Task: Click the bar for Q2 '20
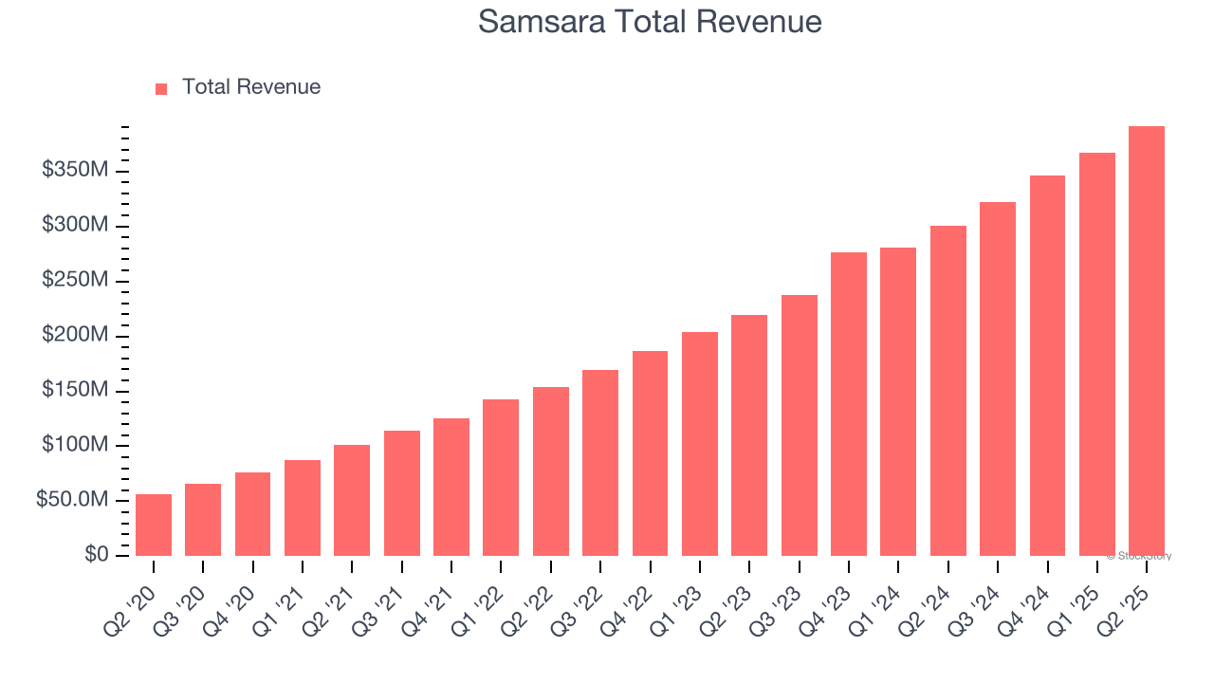(x=154, y=525)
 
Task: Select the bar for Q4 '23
(x=849, y=404)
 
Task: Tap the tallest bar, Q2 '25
(x=1147, y=341)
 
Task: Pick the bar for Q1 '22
(x=501, y=477)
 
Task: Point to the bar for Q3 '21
(x=402, y=493)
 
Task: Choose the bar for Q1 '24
(x=898, y=401)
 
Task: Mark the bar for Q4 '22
(x=650, y=453)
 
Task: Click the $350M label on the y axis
(x=75, y=171)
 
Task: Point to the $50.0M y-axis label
(x=72, y=500)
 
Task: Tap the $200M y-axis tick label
(x=75, y=336)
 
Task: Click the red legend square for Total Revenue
(x=161, y=88)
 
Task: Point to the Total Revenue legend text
(x=251, y=87)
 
